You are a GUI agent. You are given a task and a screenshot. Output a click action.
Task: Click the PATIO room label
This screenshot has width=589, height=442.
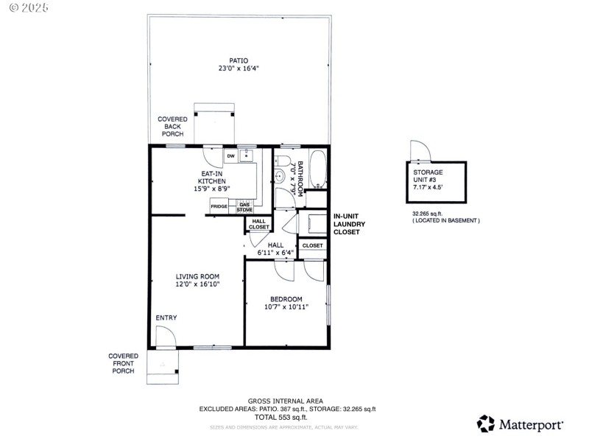point(238,60)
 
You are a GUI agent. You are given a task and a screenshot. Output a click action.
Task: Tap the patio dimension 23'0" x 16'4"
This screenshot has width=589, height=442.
point(238,69)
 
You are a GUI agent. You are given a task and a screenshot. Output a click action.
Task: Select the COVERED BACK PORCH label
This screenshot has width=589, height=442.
point(172,126)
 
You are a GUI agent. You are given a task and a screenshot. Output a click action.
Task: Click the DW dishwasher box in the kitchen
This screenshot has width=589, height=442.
point(230,156)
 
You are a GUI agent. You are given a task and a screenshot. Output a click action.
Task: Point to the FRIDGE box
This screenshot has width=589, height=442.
point(219,206)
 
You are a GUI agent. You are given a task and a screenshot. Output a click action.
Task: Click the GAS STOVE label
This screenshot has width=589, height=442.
point(244,207)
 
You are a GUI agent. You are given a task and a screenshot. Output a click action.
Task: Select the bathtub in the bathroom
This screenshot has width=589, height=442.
point(319,169)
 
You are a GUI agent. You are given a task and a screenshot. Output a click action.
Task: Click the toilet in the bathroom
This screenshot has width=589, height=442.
point(281,176)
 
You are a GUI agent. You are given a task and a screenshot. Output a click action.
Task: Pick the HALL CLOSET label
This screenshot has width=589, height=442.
point(258,224)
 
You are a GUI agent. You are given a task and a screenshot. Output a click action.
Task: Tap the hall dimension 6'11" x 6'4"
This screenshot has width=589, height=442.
point(275,253)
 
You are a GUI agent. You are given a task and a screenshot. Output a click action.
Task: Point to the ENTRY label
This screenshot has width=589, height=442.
point(166,318)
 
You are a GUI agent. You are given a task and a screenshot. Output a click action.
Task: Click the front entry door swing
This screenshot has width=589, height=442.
point(165,337)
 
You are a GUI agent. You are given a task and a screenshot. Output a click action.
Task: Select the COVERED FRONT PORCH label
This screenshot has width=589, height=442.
point(123,363)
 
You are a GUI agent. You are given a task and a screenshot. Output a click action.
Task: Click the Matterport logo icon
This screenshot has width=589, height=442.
point(486,424)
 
